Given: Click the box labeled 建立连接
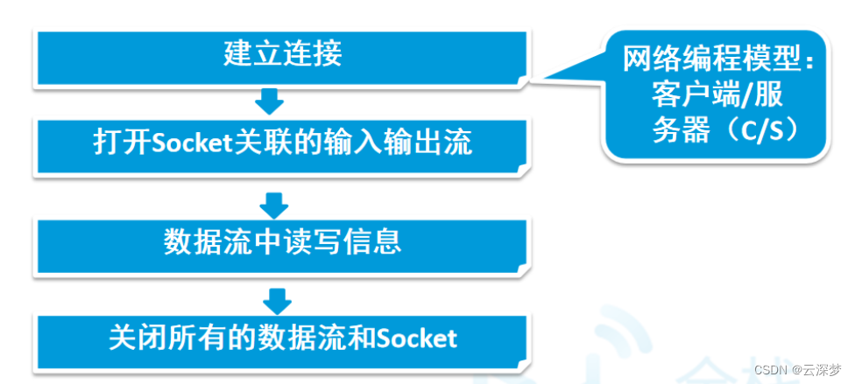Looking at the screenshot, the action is coord(282,58).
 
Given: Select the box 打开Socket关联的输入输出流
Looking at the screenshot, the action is coord(282,146).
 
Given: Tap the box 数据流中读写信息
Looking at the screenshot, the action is coord(282,246).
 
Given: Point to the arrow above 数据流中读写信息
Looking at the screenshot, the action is coord(273,205).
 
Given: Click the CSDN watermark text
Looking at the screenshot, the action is coord(771,371).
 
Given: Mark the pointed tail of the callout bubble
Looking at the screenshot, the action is coord(531,82).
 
